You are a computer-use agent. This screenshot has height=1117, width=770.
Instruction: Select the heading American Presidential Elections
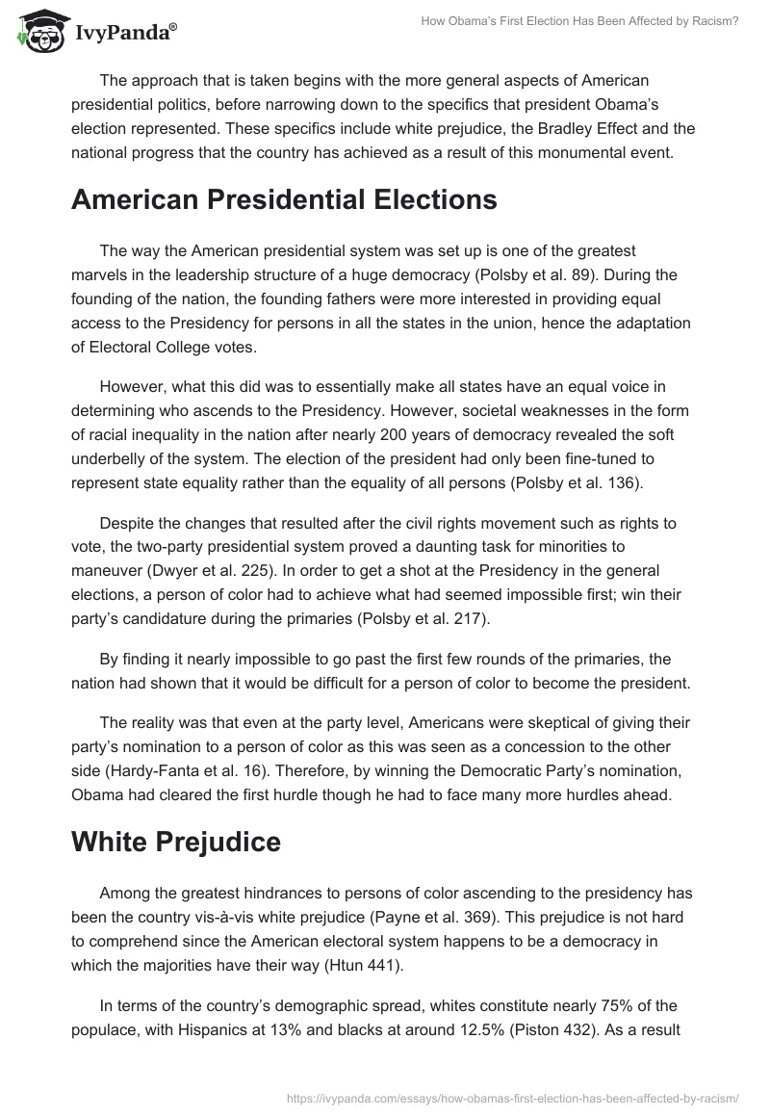[284, 199]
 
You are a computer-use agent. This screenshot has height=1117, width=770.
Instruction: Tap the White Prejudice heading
[176, 841]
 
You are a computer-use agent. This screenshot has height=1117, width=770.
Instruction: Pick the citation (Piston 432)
[572, 1029]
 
